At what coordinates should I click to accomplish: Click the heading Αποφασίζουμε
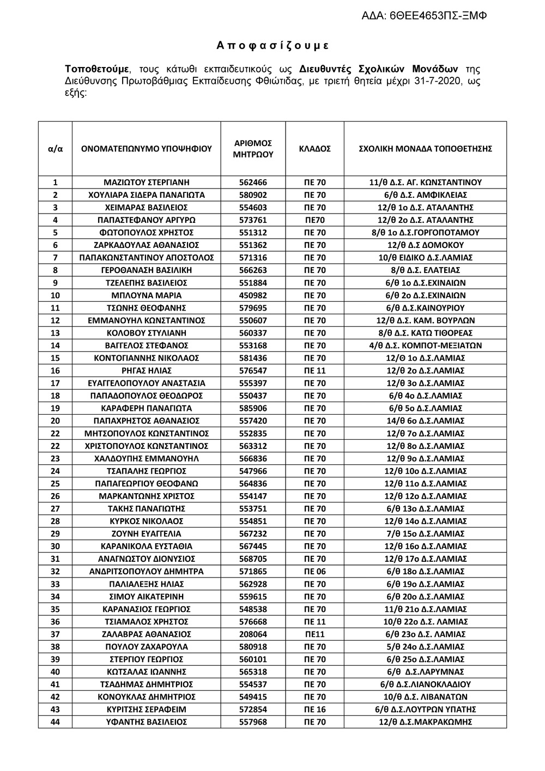click(x=272, y=46)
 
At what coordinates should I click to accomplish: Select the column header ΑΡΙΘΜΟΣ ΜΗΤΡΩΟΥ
click(x=253, y=149)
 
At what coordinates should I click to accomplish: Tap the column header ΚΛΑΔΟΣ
click(x=315, y=149)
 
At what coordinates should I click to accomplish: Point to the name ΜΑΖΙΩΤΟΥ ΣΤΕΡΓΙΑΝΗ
click(x=147, y=183)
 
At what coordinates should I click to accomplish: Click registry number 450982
click(x=253, y=295)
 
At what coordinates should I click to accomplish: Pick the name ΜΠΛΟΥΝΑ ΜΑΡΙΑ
click(x=147, y=295)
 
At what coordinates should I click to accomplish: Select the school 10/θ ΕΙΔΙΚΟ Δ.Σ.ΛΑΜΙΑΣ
click(x=425, y=258)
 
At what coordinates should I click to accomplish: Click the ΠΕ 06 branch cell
click(x=315, y=572)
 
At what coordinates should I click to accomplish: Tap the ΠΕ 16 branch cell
click(x=315, y=709)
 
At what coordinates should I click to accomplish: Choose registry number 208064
click(x=253, y=634)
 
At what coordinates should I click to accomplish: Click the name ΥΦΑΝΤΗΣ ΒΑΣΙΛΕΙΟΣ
click(x=147, y=722)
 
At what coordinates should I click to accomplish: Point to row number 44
click(x=55, y=722)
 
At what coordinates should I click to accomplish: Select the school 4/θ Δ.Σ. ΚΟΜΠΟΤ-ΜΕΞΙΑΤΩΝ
click(x=425, y=345)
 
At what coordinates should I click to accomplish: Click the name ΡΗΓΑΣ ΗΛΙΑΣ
click(x=147, y=371)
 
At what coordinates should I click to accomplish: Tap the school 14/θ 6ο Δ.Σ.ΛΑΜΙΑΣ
click(x=425, y=421)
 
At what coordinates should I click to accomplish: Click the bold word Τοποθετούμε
click(x=97, y=69)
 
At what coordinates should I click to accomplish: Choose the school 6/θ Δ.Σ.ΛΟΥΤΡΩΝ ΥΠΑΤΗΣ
click(x=425, y=709)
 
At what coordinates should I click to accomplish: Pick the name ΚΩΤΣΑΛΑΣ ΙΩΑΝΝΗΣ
click(x=147, y=672)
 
